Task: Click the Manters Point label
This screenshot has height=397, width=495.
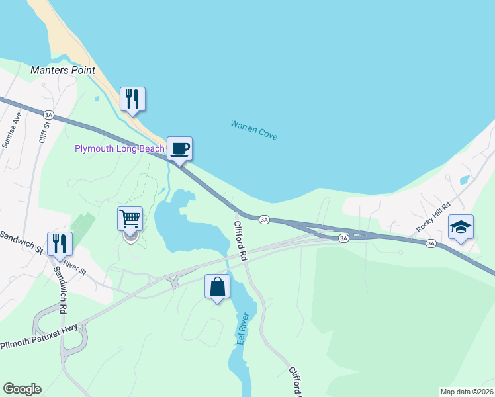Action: tap(63, 70)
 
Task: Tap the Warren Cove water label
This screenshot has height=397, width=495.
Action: tap(253, 130)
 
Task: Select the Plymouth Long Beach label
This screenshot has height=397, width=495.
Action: tap(119, 149)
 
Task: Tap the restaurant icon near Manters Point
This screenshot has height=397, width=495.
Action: tap(132, 99)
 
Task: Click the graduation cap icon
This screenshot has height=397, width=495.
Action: tap(461, 227)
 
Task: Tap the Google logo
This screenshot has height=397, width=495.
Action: tap(22, 389)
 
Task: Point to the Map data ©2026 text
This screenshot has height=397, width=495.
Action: tap(467, 392)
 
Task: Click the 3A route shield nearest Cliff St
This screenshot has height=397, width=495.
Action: tap(48, 114)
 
